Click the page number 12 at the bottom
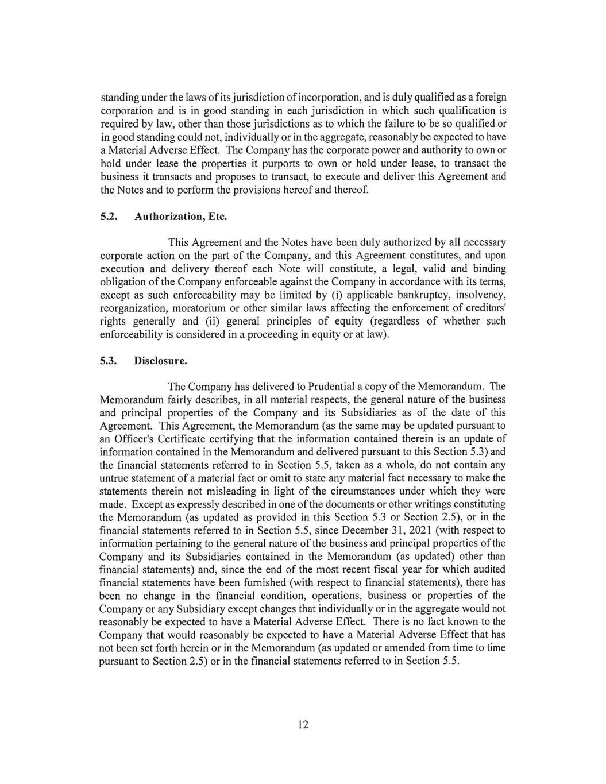(x=303, y=724)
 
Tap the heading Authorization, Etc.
(x=181, y=217)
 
